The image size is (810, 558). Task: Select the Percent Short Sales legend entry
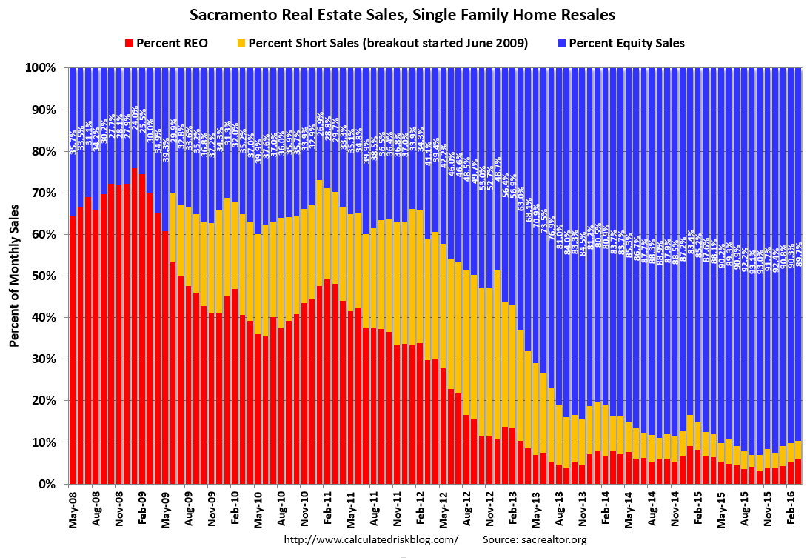pyautogui.click(x=387, y=43)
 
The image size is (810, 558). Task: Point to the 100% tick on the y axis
pyautogui.click(x=41, y=68)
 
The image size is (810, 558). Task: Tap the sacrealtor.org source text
pyautogui.click(x=535, y=539)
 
